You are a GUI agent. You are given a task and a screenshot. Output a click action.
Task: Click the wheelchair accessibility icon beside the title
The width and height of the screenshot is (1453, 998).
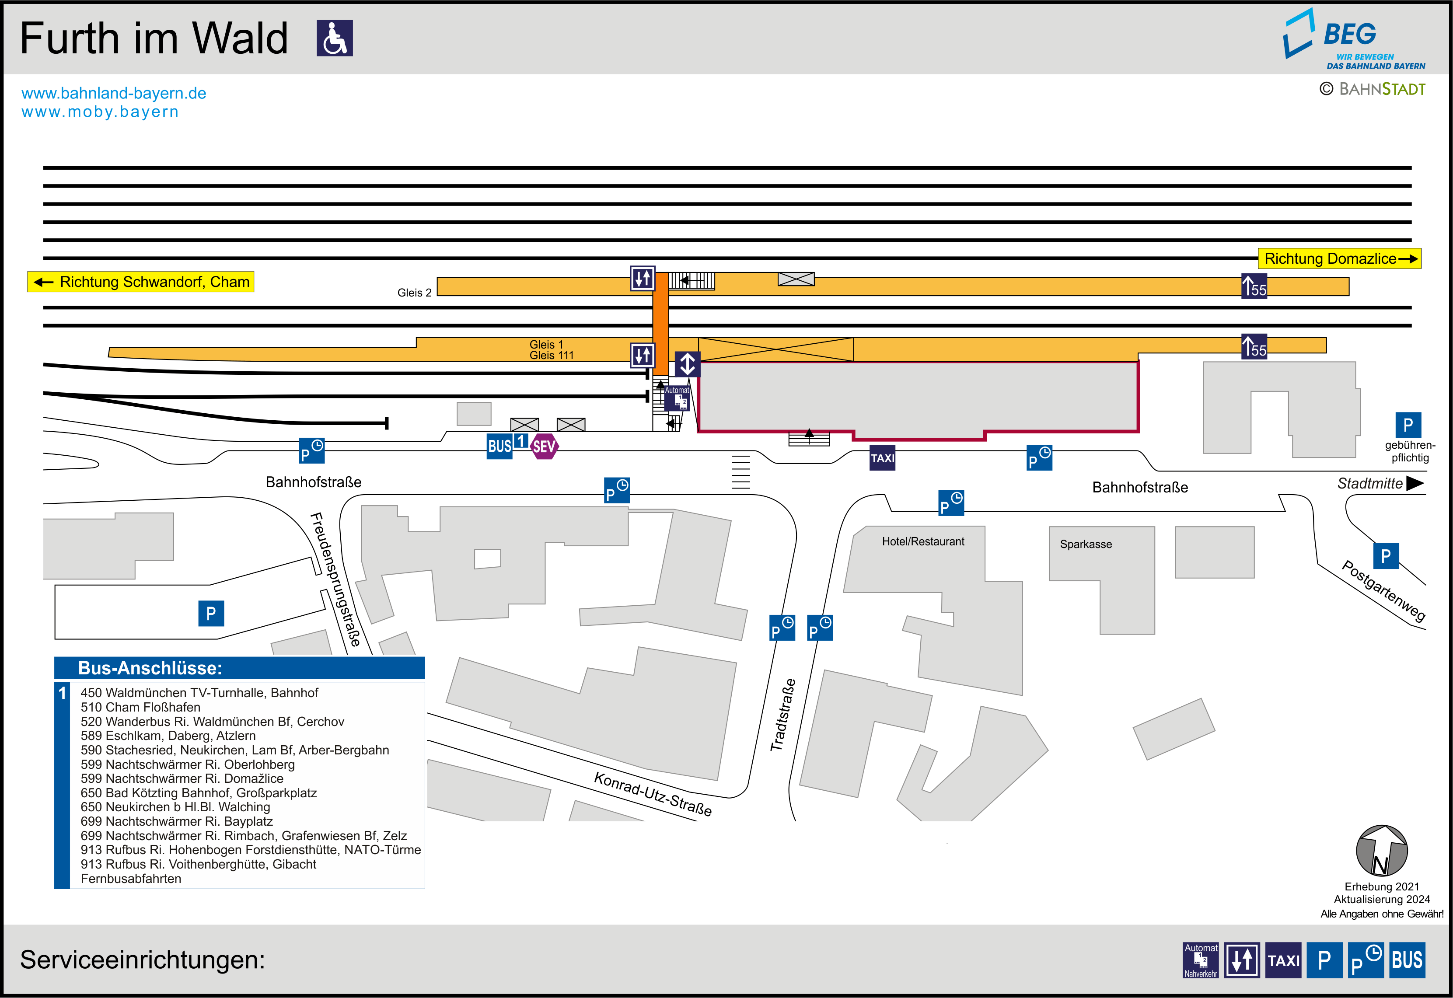click(x=335, y=38)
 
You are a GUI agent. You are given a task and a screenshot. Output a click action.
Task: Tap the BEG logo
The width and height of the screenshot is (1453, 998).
click(x=1354, y=39)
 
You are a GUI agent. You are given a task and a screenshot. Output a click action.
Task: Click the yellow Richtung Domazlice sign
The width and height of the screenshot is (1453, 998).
click(x=1339, y=258)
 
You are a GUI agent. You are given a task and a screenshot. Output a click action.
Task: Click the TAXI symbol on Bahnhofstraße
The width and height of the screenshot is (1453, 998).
click(x=882, y=458)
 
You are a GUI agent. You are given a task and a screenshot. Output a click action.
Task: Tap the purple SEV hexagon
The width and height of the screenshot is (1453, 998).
click(x=544, y=447)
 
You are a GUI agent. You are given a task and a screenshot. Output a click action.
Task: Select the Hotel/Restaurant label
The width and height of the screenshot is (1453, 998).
click(x=923, y=541)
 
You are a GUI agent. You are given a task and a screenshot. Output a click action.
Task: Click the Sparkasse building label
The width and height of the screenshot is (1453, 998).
click(x=1086, y=544)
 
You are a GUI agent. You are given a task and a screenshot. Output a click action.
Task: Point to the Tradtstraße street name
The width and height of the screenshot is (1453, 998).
click(x=783, y=715)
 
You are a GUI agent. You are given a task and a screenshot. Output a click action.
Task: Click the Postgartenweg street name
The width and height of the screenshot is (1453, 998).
click(x=1383, y=591)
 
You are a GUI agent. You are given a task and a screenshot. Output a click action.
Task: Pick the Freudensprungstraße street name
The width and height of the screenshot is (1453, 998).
click(x=336, y=579)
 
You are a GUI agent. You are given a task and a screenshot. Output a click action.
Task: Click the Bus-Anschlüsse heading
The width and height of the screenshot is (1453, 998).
click(x=150, y=668)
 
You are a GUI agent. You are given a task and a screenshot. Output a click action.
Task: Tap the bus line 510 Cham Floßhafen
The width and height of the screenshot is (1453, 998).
click(x=141, y=707)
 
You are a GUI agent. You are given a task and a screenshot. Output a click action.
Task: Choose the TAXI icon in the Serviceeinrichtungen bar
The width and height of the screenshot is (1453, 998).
click(x=1283, y=960)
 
